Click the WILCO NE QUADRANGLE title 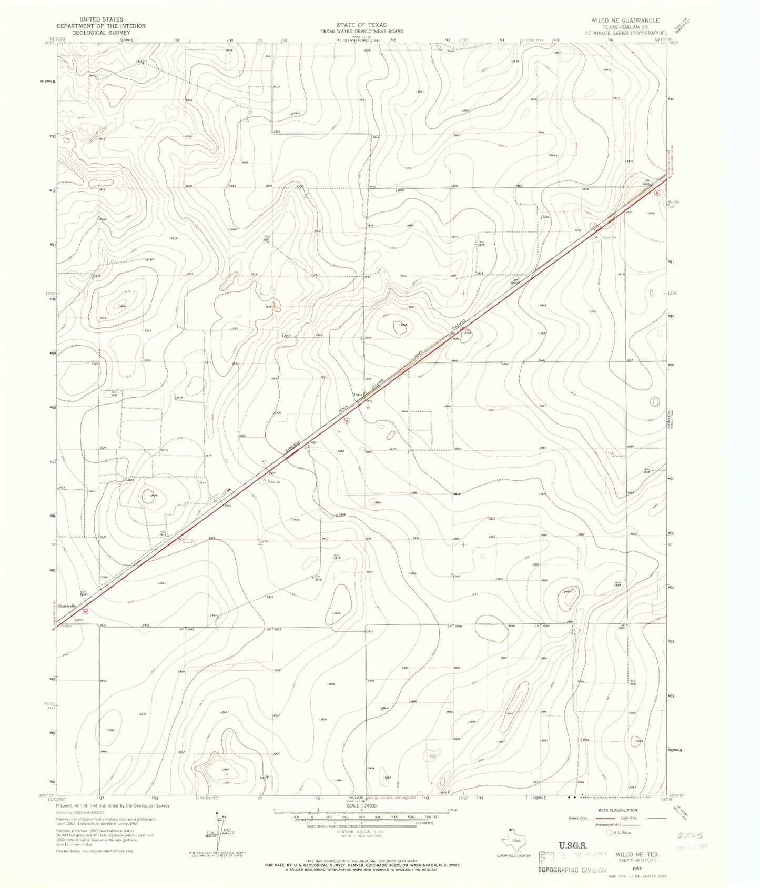(625, 21)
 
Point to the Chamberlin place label (67, 606)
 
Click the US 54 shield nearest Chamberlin (85, 612)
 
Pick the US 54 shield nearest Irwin (346, 420)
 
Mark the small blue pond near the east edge (655, 401)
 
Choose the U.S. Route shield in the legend (610, 833)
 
